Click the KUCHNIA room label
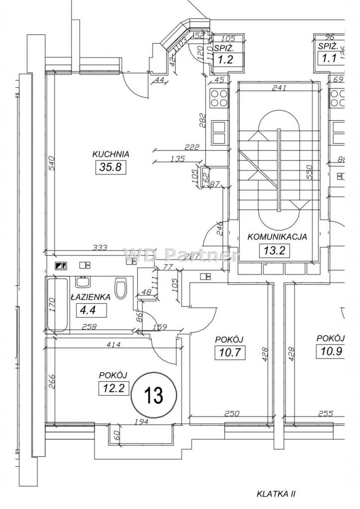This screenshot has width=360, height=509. [111, 154]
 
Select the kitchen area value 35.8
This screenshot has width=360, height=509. [110, 168]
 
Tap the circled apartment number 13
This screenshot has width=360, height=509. [153, 396]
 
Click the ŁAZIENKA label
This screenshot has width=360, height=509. [90, 297]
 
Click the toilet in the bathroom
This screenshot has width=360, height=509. [121, 289]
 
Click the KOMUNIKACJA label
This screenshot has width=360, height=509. [277, 237]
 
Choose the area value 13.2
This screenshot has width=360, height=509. [274, 251]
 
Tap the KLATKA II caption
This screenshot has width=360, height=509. [276, 494]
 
